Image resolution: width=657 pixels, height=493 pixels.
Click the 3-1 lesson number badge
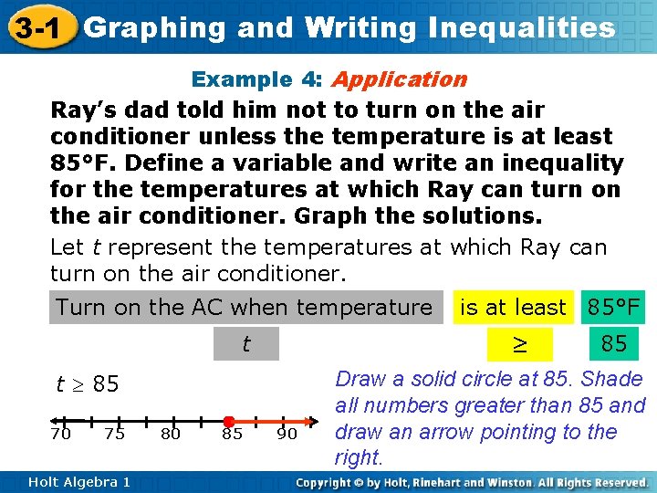click(36, 28)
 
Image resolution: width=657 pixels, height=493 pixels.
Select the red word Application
click(400, 79)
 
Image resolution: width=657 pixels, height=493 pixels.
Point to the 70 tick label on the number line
click(61, 435)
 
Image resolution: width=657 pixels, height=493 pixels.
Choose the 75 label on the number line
click(115, 435)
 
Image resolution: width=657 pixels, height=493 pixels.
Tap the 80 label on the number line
click(171, 435)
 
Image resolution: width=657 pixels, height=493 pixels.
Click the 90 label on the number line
click(287, 435)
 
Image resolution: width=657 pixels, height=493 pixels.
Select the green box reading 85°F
click(614, 308)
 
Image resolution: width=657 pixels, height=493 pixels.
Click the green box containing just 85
click(614, 344)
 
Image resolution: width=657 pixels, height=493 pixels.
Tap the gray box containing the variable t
click(245, 344)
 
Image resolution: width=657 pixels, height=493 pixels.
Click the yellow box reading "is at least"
click(513, 308)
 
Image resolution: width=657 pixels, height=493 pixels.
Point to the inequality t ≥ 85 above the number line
click(88, 384)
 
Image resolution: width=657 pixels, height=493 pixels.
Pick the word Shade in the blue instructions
click(612, 379)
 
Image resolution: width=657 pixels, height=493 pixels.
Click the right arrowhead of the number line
click(313, 423)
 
